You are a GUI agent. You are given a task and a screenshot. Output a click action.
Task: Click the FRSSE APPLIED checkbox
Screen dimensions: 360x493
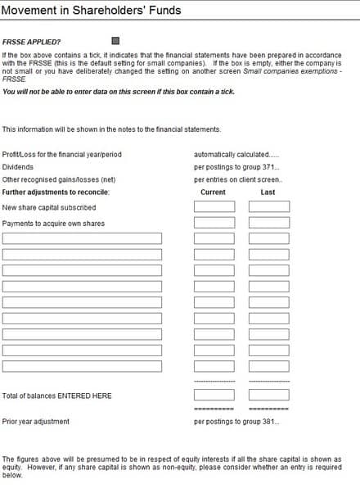pyautogui.click(x=115, y=41)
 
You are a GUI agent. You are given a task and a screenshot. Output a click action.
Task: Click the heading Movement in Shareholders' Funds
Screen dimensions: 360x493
pyautogui.click(x=92, y=11)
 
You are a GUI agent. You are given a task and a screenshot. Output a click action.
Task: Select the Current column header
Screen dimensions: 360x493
pyautogui.click(x=213, y=192)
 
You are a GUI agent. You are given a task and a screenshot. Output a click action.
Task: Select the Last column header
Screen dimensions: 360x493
pyautogui.click(x=268, y=192)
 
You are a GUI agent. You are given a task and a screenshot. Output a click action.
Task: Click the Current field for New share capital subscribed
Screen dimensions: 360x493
pyautogui.click(x=214, y=207)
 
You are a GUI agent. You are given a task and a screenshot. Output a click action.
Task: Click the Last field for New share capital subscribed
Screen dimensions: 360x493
pyautogui.click(x=268, y=207)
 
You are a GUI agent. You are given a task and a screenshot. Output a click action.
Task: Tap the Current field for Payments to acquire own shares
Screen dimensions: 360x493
pyautogui.click(x=214, y=223)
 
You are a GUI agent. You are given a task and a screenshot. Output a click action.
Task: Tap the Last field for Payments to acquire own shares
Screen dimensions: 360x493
pyautogui.click(x=268, y=223)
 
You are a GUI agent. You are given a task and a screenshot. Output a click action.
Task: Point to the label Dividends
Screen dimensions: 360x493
pyautogui.click(x=17, y=166)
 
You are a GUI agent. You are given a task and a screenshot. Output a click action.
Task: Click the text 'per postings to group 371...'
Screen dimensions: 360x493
pyautogui.click(x=236, y=166)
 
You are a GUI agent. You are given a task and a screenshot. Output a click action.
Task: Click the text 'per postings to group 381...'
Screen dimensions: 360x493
pyautogui.click(x=236, y=422)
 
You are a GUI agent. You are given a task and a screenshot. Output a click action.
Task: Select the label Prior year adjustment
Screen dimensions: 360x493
pyautogui.click(x=36, y=422)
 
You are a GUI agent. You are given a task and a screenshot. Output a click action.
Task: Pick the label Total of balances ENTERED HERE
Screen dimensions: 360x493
pyautogui.click(x=57, y=396)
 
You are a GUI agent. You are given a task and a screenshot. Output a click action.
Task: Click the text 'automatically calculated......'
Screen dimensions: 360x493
pyautogui.click(x=236, y=154)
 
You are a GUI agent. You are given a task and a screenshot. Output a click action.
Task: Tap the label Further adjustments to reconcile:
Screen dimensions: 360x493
pyautogui.click(x=56, y=192)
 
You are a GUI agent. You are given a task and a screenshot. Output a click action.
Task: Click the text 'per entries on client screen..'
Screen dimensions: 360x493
pyautogui.click(x=238, y=179)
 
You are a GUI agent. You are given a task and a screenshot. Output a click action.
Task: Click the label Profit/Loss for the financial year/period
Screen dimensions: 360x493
pyautogui.click(x=61, y=154)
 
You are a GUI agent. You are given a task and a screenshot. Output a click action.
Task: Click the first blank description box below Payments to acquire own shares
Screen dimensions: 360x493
pyautogui.click(x=82, y=238)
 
